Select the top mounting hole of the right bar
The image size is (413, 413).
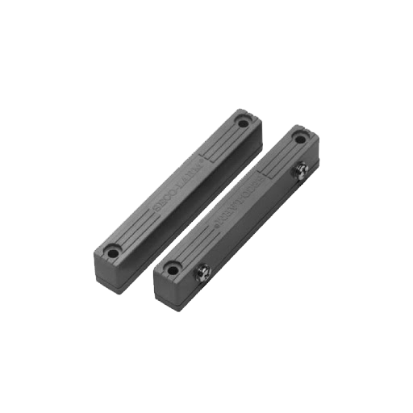coord(299,139)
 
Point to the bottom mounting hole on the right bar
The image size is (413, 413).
coord(170,267)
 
